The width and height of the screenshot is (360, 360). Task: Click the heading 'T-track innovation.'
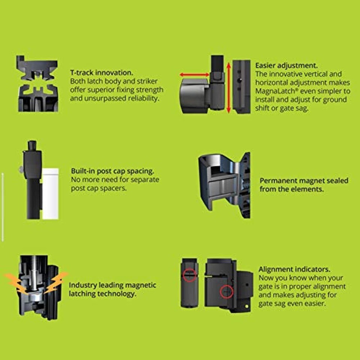pos(102,72)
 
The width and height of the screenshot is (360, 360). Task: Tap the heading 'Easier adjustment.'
pos(286,65)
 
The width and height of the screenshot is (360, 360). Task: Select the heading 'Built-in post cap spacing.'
pos(112,171)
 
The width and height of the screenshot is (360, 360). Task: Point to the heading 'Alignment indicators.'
pos(294,269)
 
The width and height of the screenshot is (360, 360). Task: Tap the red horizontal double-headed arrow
pos(195,75)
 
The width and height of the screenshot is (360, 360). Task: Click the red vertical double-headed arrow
pos(228,88)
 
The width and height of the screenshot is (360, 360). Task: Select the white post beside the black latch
pos(50,194)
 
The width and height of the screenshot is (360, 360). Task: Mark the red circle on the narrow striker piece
pos(190,275)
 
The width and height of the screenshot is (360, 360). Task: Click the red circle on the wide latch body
pos(226,292)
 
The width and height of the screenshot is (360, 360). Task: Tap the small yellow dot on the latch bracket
pos(247,306)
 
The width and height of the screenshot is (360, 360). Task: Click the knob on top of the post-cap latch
pos(32,145)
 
